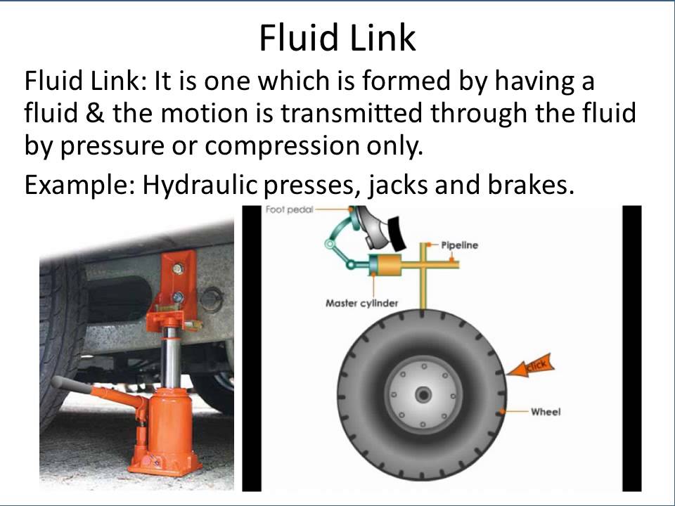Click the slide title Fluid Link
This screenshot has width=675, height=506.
(x=337, y=37)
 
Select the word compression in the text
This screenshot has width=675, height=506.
(x=282, y=147)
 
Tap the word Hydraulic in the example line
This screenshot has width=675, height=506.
(x=200, y=186)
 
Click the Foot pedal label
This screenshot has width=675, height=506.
(x=289, y=210)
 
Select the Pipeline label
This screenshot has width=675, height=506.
(x=459, y=245)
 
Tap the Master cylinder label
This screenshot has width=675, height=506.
(x=361, y=304)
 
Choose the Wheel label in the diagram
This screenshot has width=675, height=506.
(x=546, y=412)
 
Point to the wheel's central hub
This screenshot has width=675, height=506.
(x=423, y=394)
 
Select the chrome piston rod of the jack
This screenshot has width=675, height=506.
(x=171, y=358)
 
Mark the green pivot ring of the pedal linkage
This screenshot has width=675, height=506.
(x=330, y=245)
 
